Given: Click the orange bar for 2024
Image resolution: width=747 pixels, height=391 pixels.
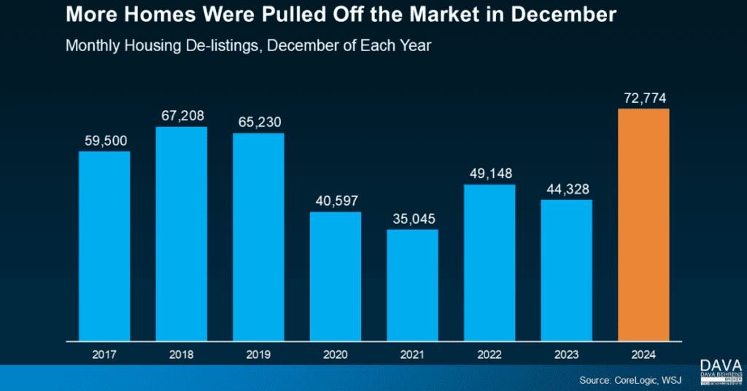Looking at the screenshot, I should (643, 225).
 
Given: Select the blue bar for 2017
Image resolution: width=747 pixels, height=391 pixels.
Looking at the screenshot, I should (104, 246).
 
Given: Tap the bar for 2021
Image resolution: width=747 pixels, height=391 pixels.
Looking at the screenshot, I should (412, 285).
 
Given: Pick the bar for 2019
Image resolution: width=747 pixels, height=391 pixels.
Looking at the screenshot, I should (258, 237).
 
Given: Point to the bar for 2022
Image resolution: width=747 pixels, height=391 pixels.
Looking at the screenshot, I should (489, 263).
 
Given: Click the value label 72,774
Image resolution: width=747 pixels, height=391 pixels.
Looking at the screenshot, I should (643, 97).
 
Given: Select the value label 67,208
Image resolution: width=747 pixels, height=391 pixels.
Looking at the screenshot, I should (181, 116).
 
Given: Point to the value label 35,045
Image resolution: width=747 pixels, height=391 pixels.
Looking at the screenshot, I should (412, 218).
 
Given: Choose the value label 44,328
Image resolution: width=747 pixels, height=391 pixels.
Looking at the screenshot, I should (567, 189).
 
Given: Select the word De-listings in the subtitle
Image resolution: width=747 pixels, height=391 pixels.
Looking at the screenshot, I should (220, 44).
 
